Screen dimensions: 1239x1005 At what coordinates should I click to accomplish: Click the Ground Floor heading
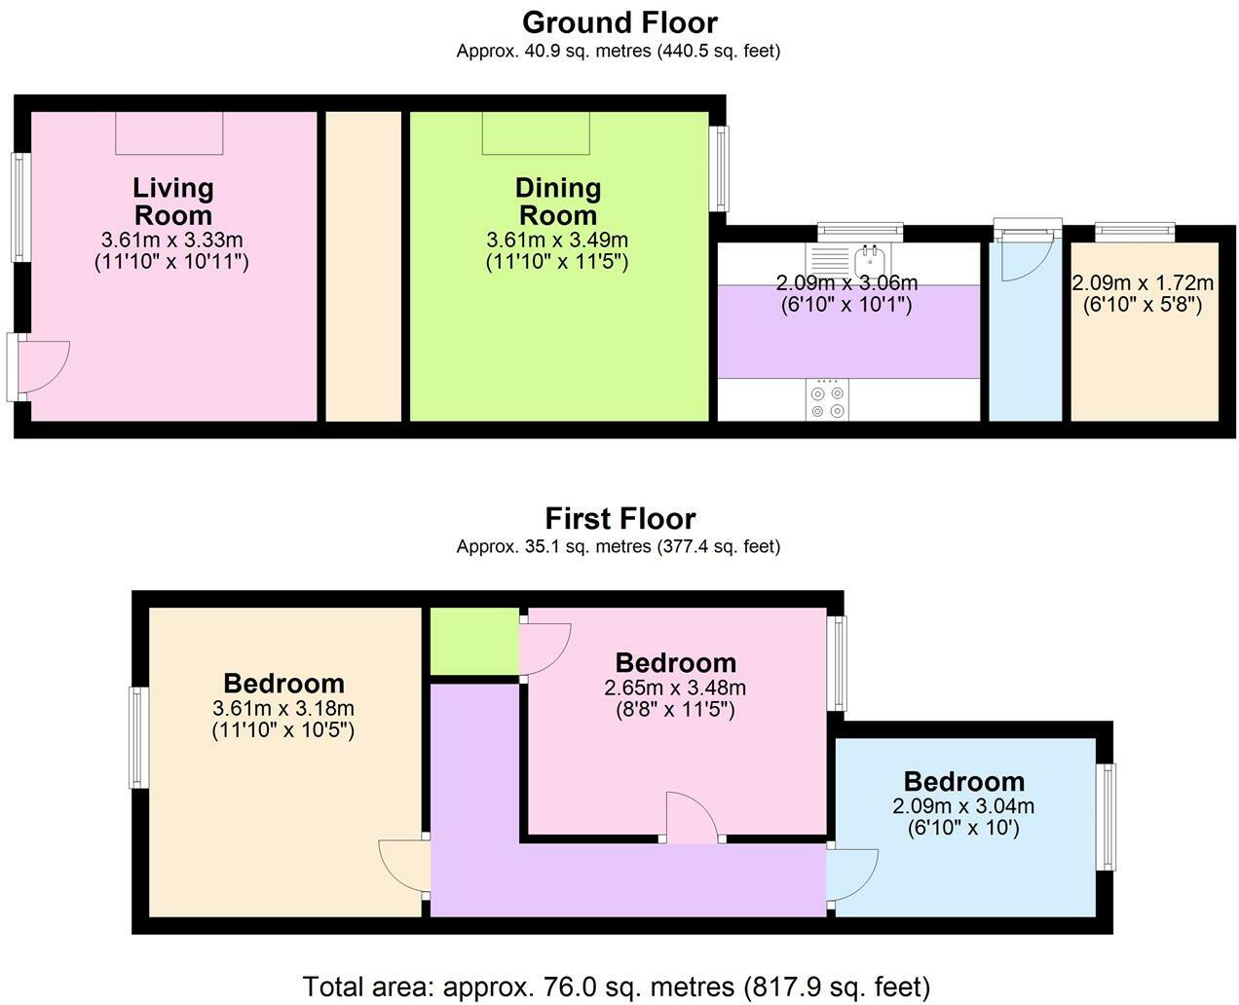(619, 23)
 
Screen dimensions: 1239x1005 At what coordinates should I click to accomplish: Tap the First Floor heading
(620, 519)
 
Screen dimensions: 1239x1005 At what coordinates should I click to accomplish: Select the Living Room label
(173, 202)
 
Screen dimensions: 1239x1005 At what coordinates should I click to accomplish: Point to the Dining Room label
(558, 202)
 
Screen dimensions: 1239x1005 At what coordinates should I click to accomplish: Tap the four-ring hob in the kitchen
(827, 399)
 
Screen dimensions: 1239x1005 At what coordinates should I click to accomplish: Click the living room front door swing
(44, 366)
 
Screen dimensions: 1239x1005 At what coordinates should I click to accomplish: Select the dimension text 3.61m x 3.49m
(557, 240)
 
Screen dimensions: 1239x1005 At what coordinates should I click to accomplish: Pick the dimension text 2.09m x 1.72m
(1143, 283)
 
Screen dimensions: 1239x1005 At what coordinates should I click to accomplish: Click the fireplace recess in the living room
(169, 133)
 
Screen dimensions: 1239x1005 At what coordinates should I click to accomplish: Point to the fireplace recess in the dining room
(536, 133)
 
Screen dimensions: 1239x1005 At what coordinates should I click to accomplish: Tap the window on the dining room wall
(720, 168)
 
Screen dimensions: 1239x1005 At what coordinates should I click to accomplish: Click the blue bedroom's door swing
(852, 875)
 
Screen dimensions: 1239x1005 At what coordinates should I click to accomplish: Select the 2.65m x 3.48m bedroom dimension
(675, 689)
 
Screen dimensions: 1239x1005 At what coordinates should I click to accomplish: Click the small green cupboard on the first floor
(474, 642)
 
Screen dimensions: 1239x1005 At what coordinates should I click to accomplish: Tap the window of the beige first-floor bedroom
(138, 737)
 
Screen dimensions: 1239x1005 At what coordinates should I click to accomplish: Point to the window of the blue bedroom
(1107, 816)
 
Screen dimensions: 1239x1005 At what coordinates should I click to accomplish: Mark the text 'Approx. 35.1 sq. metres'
(554, 547)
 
